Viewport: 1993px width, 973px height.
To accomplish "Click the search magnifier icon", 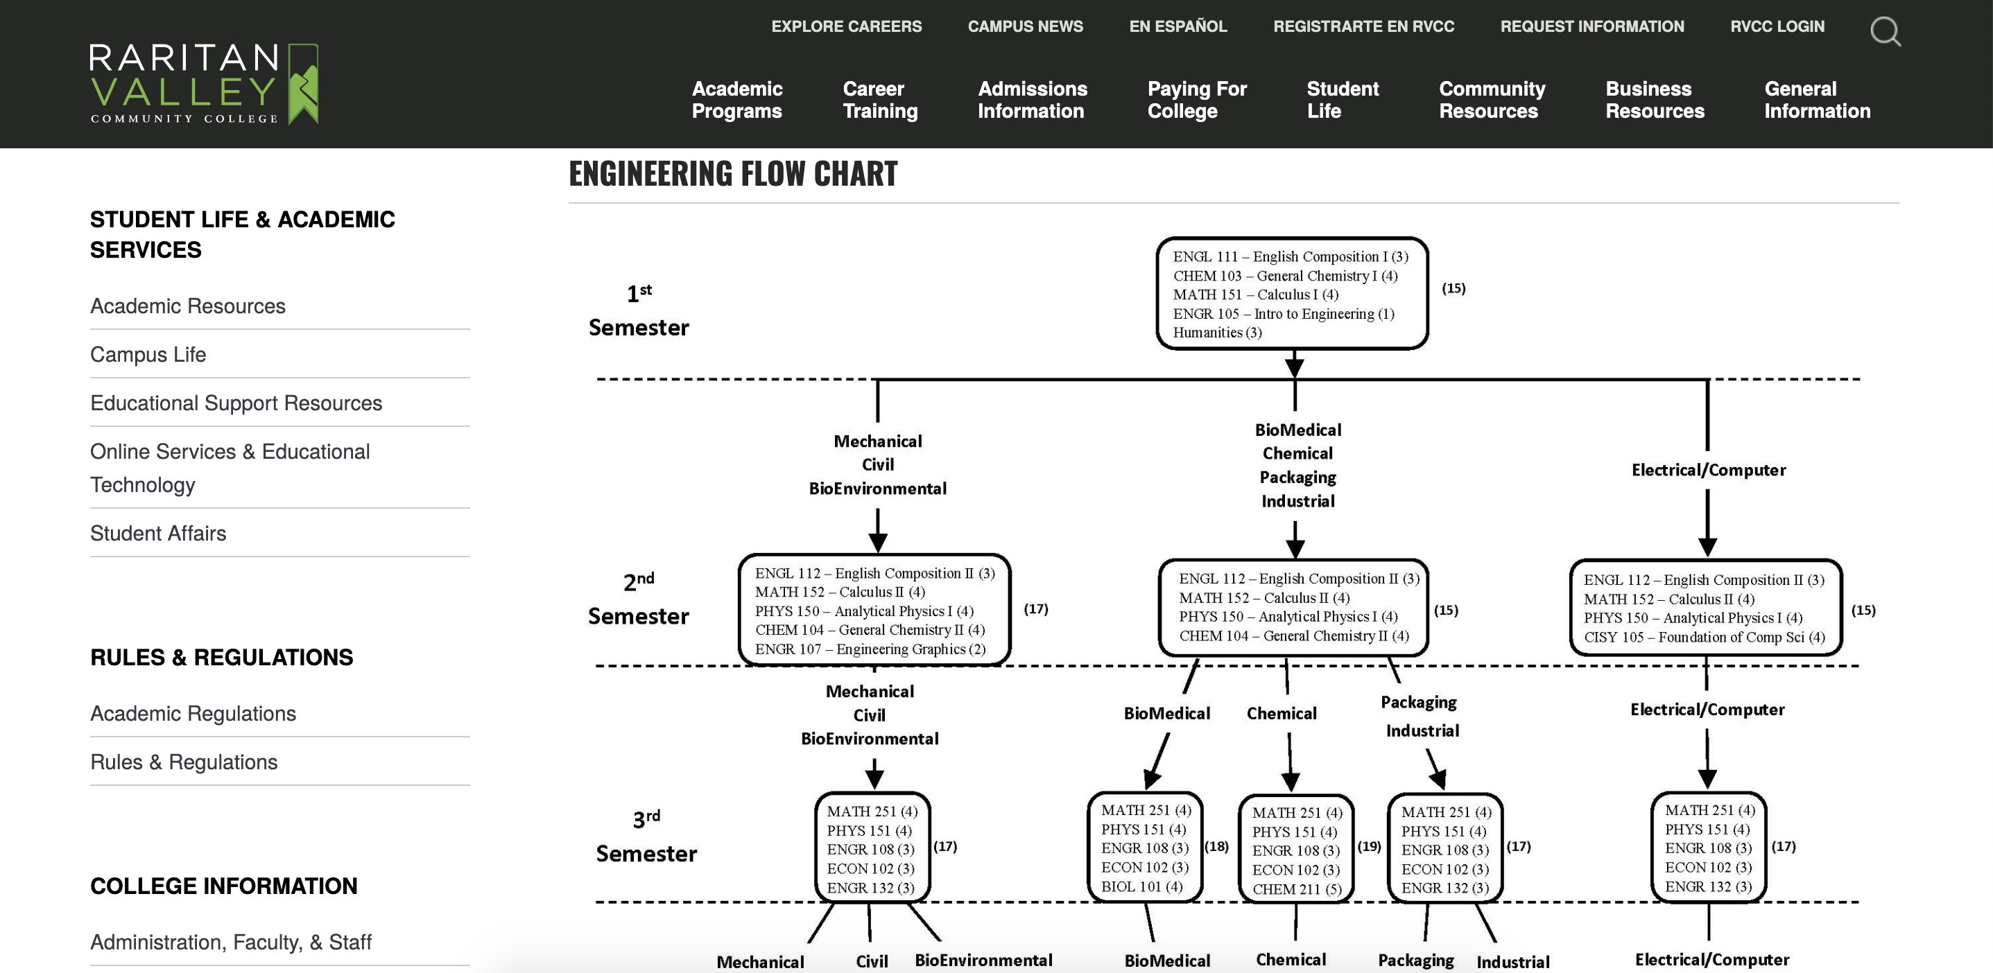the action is coord(1885,32).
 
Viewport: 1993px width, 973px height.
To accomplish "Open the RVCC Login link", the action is coord(1777,26).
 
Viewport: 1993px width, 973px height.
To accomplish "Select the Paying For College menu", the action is coord(1197,100).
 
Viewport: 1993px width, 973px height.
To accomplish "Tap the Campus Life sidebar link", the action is coord(148,354).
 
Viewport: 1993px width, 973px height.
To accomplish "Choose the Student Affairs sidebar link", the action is coord(158,533).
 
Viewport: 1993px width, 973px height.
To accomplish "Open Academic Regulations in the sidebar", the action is coord(193,713).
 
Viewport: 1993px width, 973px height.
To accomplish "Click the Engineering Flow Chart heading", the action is coord(733,173).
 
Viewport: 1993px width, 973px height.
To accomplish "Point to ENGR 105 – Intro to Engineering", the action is coord(1284,313).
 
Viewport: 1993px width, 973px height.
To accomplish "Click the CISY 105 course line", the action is coord(1704,638).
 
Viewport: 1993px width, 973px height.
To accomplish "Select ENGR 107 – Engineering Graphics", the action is coord(870,649).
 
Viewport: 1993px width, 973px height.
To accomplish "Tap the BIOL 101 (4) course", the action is coord(1141,886).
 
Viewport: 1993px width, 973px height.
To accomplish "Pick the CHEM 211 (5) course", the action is coord(1297,889).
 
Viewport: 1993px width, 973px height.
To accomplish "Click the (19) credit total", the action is coord(1369,846).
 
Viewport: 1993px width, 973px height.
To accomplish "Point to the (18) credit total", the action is coord(1216,846).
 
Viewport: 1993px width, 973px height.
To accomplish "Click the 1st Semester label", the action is coord(638,311).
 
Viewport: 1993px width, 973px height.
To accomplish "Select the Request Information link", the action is coord(1591,26).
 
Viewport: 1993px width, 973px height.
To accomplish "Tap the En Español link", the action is coord(1177,26).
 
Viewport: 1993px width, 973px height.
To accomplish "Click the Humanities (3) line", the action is coord(1217,333).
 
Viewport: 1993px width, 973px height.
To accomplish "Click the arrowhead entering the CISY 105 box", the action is coord(1707,546).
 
